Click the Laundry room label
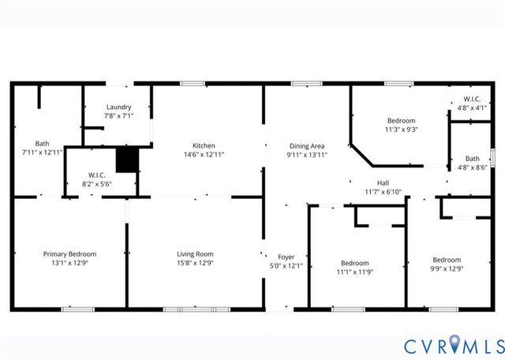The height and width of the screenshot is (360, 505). click(x=118, y=107)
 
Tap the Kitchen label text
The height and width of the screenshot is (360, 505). click(x=204, y=145)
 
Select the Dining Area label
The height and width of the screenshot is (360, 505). click(x=308, y=145)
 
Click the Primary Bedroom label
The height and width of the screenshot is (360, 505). click(x=69, y=253)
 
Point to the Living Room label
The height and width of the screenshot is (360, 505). click(x=195, y=253)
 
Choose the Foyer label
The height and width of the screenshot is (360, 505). click(x=286, y=257)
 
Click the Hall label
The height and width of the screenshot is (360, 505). click(x=383, y=182)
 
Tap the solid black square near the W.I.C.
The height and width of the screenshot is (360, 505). click(x=127, y=159)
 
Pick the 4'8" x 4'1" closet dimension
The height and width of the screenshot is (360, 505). click(x=472, y=108)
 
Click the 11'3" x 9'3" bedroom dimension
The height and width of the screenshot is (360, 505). click(x=401, y=129)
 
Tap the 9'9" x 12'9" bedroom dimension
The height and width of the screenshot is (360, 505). click(x=446, y=269)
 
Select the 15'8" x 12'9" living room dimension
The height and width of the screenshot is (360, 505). click(x=195, y=263)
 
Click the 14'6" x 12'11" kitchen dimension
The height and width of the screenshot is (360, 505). click(x=204, y=155)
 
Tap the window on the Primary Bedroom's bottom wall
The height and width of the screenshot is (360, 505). click(x=73, y=309)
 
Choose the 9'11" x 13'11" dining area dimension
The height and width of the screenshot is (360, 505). click(x=308, y=155)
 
